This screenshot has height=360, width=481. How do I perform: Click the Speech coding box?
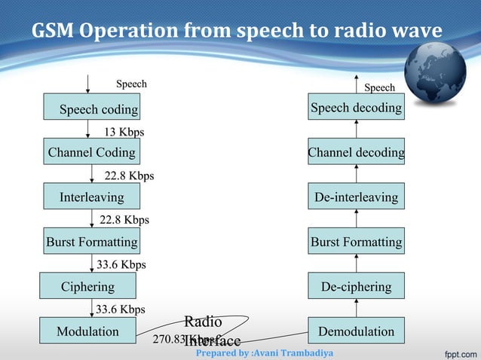pyautogui.click(x=92, y=108)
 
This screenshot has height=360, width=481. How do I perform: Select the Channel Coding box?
pyautogui.click(x=91, y=153)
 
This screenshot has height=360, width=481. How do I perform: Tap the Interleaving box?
pyautogui.click(x=91, y=197)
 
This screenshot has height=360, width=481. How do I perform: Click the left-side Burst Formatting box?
pyautogui.click(x=91, y=242)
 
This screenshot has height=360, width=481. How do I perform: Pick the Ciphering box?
pyautogui.click(x=88, y=286)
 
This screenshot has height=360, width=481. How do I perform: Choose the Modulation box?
pyautogui.click(x=88, y=331)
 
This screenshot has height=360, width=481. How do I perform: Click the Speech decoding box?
pyautogui.click(x=356, y=108)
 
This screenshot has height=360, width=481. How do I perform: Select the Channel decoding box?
pyautogui.click(x=356, y=153)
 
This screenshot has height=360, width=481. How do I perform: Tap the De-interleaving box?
pyautogui.click(x=356, y=197)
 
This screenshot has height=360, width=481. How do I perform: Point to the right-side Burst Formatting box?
pyautogui.click(x=356, y=242)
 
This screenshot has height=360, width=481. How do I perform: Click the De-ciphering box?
pyautogui.click(x=356, y=286)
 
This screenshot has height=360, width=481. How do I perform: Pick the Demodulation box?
pyautogui.click(x=356, y=331)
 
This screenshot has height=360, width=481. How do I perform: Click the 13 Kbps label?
pyautogui.click(x=124, y=132)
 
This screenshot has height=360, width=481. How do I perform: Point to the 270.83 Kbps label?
pyautogui.click(x=181, y=339)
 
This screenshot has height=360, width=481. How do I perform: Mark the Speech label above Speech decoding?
pyautogui.click(x=378, y=87)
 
